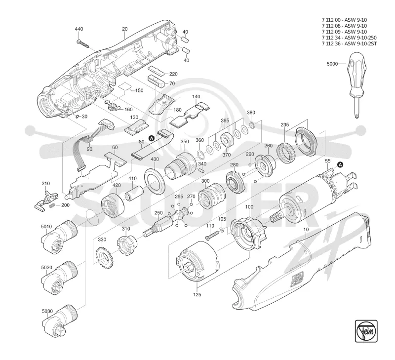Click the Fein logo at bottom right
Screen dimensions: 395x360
(366, 331)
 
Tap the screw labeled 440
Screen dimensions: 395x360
(83, 43)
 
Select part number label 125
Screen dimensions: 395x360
(197, 294)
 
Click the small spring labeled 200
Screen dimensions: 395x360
(52, 205)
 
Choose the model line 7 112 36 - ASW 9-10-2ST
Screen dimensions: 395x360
(350, 43)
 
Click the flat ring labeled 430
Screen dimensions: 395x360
(154, 181)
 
